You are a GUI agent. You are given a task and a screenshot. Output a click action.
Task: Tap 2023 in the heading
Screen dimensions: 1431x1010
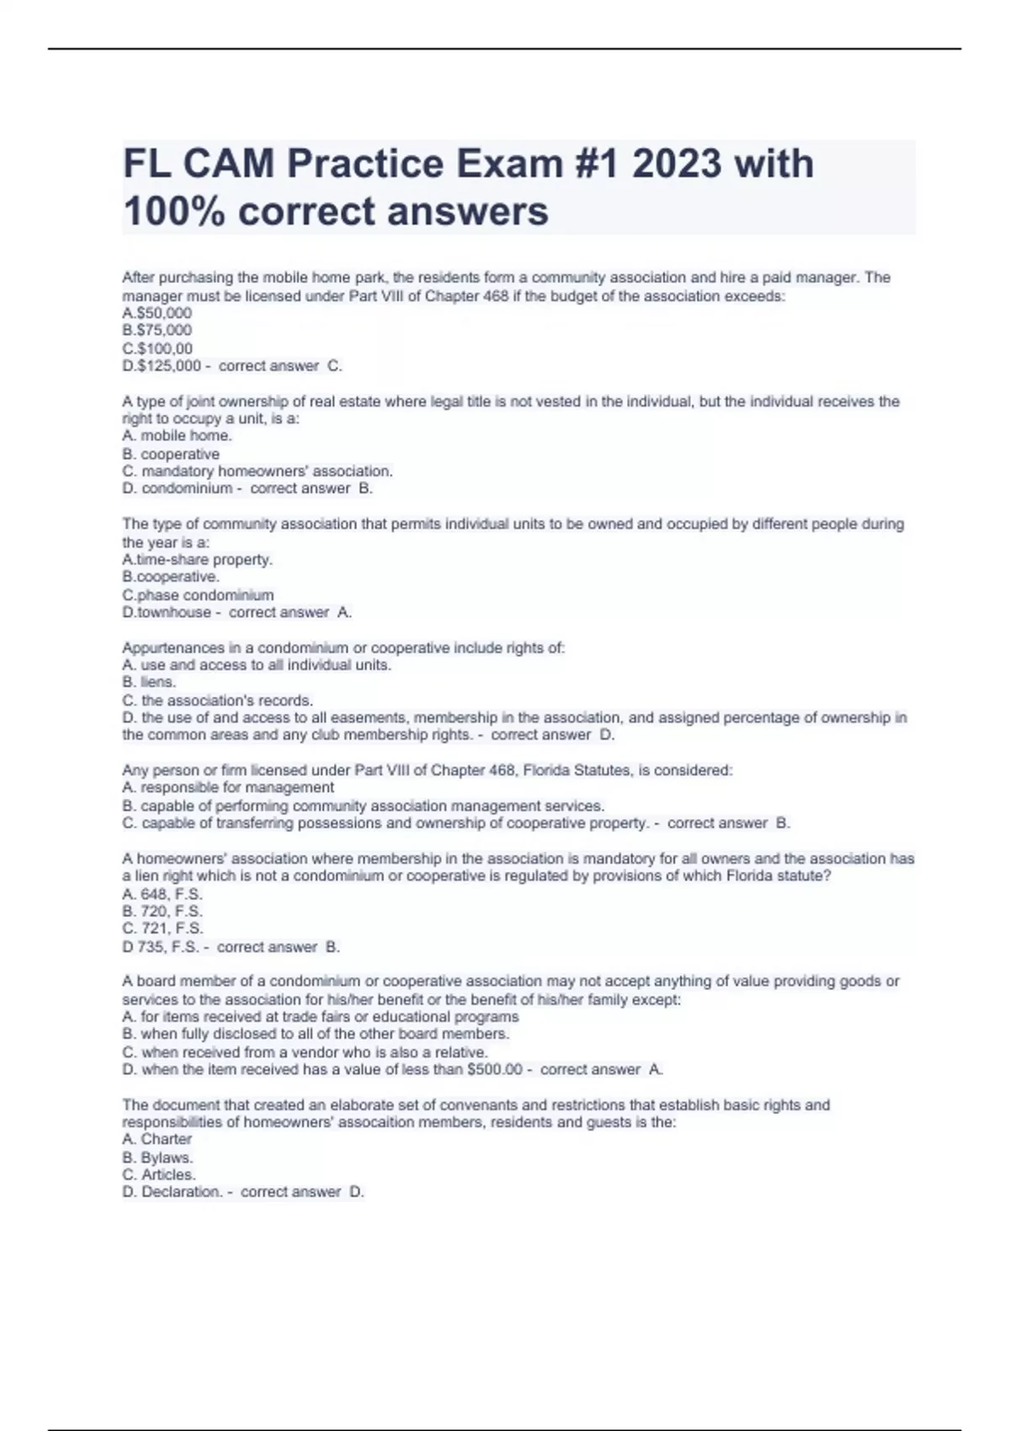point(676,163)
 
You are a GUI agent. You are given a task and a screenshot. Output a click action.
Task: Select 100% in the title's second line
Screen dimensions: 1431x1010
point(173,210)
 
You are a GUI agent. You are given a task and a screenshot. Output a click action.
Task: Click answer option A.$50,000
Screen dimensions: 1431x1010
point(157,313)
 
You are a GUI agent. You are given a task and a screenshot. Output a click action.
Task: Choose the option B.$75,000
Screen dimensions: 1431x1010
point(157,330)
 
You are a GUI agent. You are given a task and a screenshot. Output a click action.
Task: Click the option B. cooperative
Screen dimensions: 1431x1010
point(171,454)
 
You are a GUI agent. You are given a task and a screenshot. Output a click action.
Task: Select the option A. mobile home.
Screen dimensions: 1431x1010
point(177,435)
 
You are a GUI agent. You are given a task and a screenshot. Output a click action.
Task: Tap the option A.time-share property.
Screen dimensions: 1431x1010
point(197,559)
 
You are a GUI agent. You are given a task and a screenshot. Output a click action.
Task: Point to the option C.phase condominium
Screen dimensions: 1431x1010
point(198,594)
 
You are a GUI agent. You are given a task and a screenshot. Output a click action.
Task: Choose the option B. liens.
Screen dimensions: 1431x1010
point(149,682)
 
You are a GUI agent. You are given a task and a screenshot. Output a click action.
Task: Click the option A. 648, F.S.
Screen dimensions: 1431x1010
point(162,894)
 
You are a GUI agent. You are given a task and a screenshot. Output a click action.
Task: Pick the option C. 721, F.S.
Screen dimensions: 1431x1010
point(162,928)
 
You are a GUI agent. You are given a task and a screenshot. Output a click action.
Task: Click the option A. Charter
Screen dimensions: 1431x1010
point(157,1139)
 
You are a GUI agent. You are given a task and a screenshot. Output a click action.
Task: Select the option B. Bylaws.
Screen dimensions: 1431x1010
point(157,1157)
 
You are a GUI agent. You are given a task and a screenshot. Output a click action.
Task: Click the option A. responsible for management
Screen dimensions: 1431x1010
point(228,787)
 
